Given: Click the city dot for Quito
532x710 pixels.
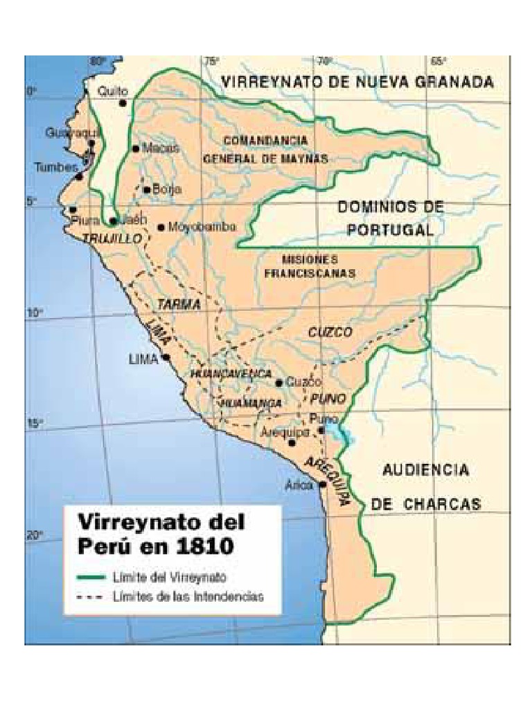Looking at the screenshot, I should click(123, 103).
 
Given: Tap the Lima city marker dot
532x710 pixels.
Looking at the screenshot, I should click(166, 358).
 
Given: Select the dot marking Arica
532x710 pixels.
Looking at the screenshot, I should click(323, 485).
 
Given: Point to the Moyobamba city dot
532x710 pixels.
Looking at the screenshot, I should click(161, 227).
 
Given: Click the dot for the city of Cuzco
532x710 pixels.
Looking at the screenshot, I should click(279, 382).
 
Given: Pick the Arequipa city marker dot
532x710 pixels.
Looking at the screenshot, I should click(292, 442).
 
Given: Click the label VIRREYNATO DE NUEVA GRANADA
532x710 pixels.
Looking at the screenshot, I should click(357, 83).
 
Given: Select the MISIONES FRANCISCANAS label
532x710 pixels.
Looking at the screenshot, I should click(310, 266).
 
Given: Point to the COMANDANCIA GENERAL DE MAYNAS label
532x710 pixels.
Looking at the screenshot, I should click(265, 149).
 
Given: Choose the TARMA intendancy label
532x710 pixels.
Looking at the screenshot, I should click(179, 304).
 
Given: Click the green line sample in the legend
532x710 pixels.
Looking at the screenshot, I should click(92, 577).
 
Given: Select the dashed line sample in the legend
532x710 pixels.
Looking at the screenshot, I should click(92, 596).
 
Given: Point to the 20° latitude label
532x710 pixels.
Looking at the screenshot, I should click(35, 535).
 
